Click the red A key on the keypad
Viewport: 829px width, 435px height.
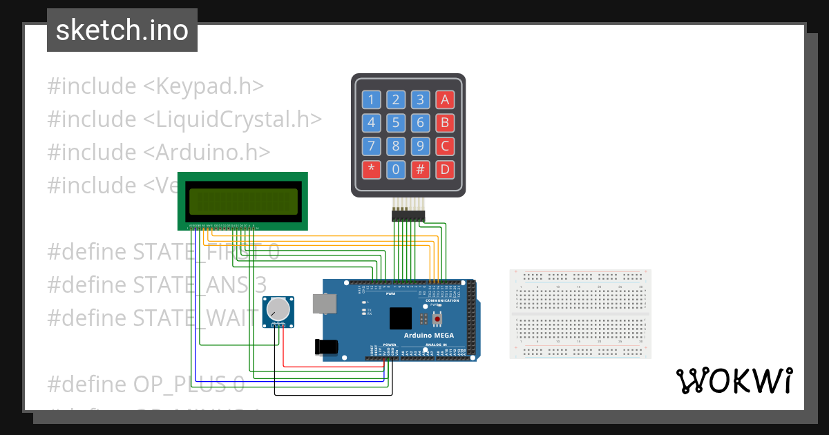(x=445, y=99)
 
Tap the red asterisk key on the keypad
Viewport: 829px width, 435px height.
(x=372, y=170)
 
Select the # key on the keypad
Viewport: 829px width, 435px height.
(x=420, y=170)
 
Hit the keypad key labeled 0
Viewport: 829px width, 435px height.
(x=396, y=170)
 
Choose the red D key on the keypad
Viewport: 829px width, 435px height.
(x=445, y=170)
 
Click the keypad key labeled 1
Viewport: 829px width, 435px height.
(x=372, y=99)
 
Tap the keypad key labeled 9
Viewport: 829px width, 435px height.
(x=420, y=146)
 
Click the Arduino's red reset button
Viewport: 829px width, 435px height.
(x=437, y=319)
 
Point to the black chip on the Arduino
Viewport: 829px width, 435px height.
(x=401, y=318)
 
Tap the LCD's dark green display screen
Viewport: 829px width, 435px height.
(x=242, y=201)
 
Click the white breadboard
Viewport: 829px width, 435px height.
(x=580, y=314)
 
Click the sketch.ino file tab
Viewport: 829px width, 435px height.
(x=122, y=30)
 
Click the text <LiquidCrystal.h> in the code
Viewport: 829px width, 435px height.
(x=232, y=119)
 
